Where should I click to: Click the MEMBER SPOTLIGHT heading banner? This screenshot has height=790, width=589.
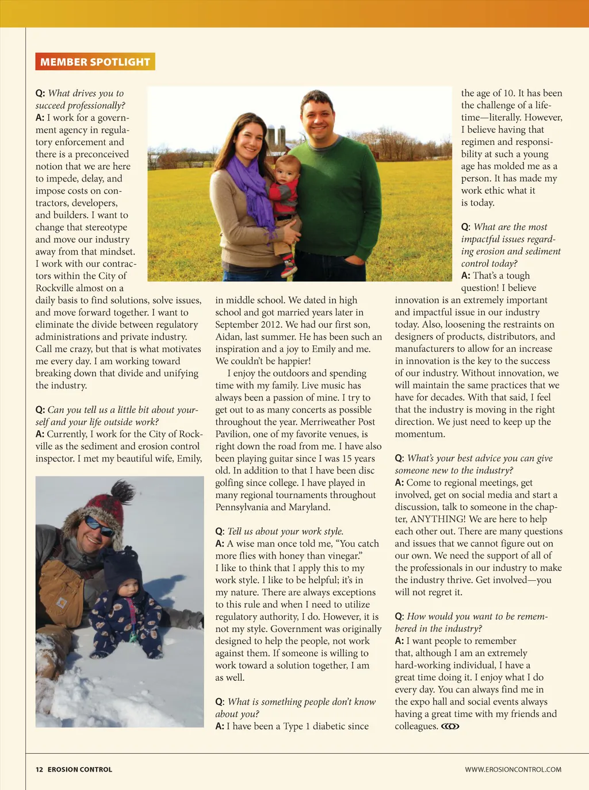point(95,61)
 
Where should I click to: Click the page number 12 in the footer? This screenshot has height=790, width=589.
point(39,769)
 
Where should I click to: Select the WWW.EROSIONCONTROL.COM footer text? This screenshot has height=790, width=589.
point(513,769)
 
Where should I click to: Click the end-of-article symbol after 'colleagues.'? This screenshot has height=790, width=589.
point(450,726)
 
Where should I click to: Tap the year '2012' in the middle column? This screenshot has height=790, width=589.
point(271,324)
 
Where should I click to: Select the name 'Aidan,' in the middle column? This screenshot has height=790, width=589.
point(229,337)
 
